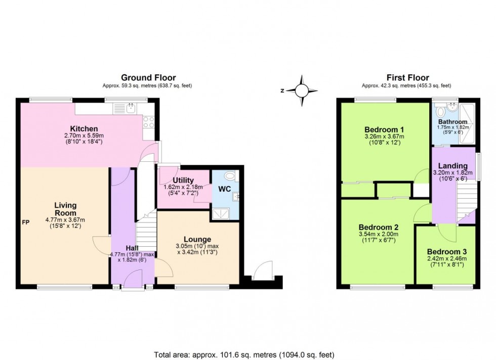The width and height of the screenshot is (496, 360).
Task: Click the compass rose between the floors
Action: (x=302, y=91)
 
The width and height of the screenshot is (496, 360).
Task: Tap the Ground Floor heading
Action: (x=148, y=77)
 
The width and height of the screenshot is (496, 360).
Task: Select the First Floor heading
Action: (x=407, y=77)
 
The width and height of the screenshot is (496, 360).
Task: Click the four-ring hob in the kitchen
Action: (x=149, y=121)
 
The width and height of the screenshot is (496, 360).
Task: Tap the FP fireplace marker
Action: (x=25, y=222)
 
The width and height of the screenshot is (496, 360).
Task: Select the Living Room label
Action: (x=65, y=209)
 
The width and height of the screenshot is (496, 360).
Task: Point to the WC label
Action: (x=224, y=189)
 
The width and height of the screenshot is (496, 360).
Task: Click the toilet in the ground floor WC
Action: (x=231, y=176)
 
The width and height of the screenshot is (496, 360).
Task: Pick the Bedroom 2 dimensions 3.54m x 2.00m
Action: (x=378, y=234)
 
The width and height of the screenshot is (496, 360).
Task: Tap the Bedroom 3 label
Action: (x=446, y=251)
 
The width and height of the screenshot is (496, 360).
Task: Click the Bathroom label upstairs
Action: (x=452, y=122)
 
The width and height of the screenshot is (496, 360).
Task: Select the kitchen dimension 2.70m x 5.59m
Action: (x=84, y=136)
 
